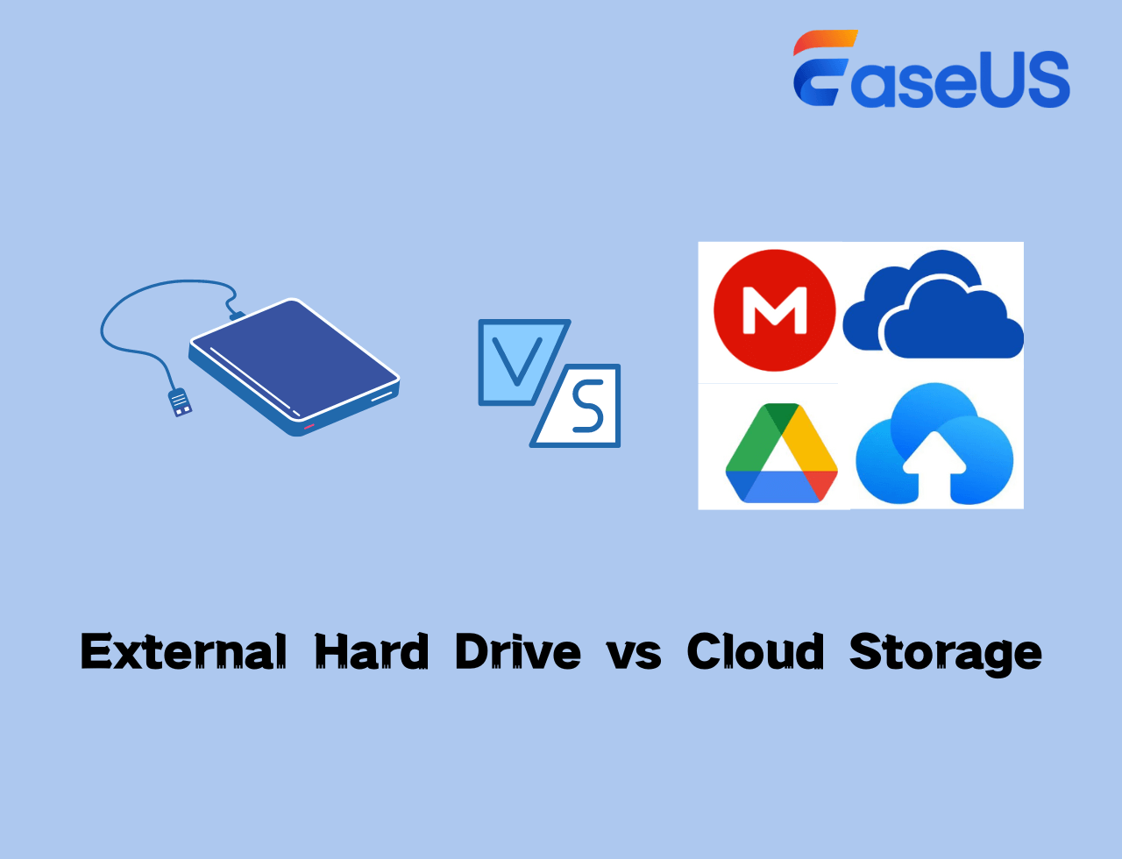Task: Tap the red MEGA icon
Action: (774, 310)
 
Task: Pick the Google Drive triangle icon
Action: (781, 452)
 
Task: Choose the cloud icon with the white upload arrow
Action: (934, 447)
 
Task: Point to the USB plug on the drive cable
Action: (180, 401)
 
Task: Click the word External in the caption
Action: (183, 652)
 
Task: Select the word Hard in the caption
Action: (371, 652)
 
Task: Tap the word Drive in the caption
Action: (517, 652)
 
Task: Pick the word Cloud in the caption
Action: (755, 652)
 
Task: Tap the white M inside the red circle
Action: (774, 310)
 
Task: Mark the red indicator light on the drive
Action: (309, 426)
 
